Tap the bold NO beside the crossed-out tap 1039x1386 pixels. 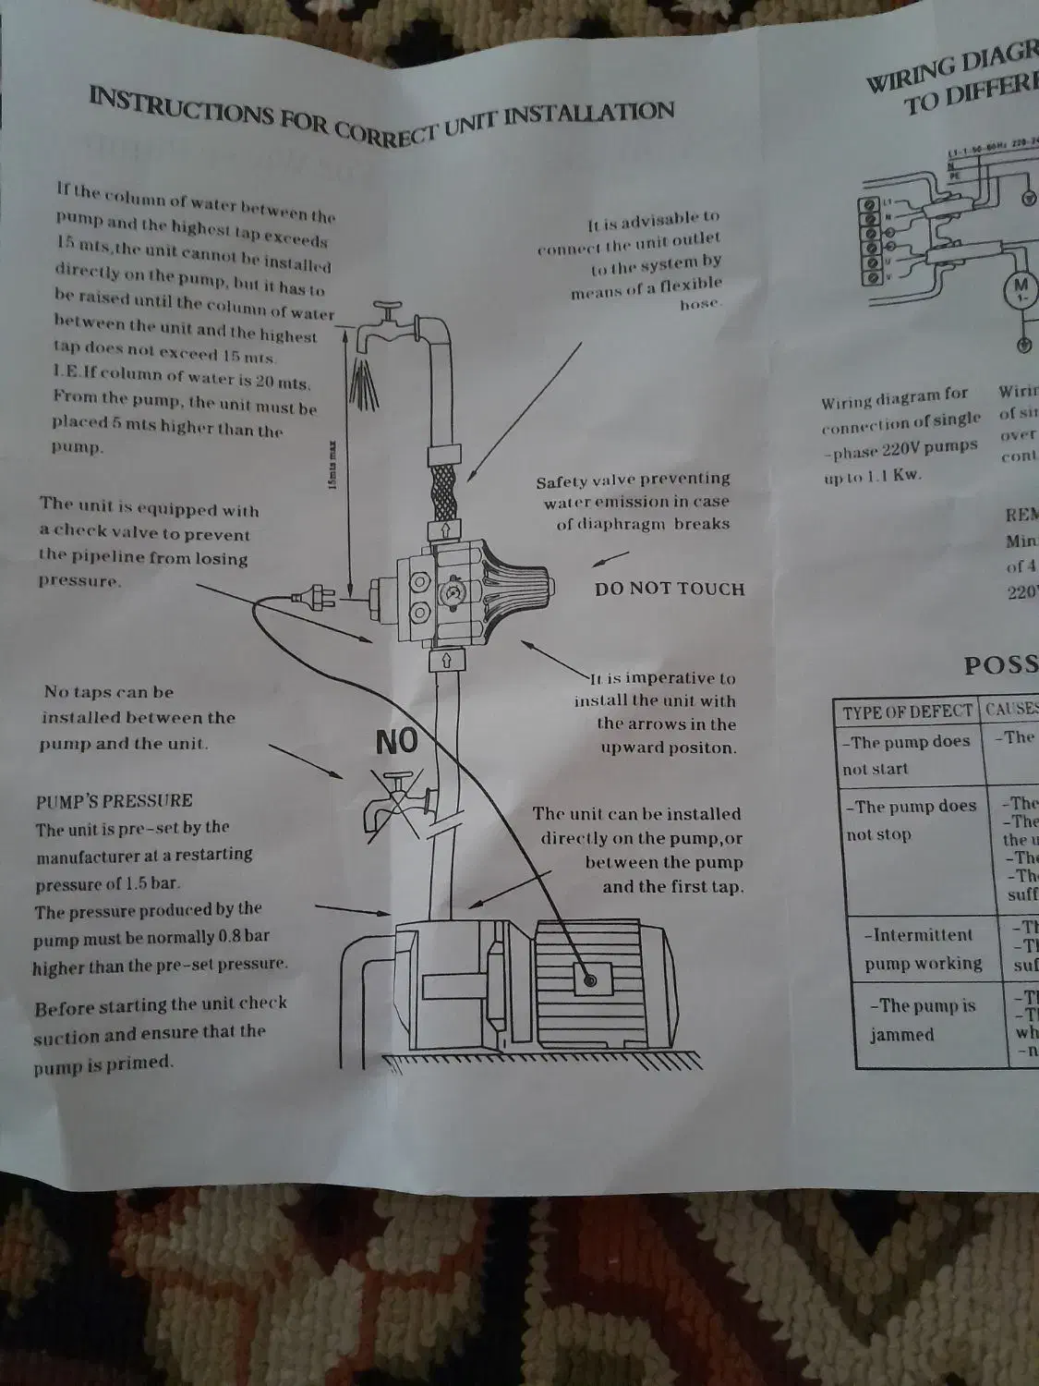tap(396, 740)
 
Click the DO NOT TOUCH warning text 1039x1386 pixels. tap(669, 589)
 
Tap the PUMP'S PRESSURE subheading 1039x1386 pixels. tap(114, 800)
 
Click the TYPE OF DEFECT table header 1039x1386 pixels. tap(906, 711)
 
